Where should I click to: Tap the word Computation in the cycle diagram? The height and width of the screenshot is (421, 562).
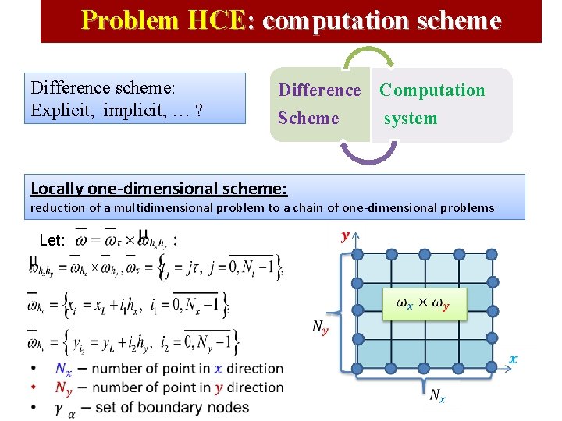tap(432, 90)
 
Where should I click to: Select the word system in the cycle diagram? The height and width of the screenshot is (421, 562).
tap(410, 119)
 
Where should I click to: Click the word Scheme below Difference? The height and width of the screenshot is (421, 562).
tap(308, 119)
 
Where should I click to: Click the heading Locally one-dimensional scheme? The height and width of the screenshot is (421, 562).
tap(158, 188)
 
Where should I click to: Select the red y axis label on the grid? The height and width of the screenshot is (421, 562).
tap(343, 235)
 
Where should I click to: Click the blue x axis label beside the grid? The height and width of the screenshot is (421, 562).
tap(513, 359)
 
